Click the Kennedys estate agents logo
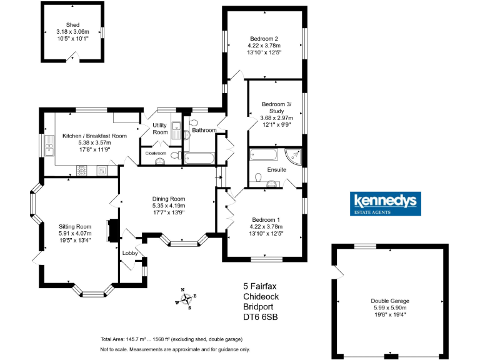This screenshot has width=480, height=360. (386, 204)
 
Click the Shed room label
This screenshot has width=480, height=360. (73, 25)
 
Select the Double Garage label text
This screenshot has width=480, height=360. (389, 301)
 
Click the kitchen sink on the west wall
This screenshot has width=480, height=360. (50, 148)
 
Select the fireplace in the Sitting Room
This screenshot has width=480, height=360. (113, 229)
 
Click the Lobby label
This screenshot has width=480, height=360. (130, 253)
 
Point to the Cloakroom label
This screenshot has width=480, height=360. (156, 152)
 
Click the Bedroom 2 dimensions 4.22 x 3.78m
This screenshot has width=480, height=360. (264, 46)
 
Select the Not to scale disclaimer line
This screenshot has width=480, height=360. (174, 349)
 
